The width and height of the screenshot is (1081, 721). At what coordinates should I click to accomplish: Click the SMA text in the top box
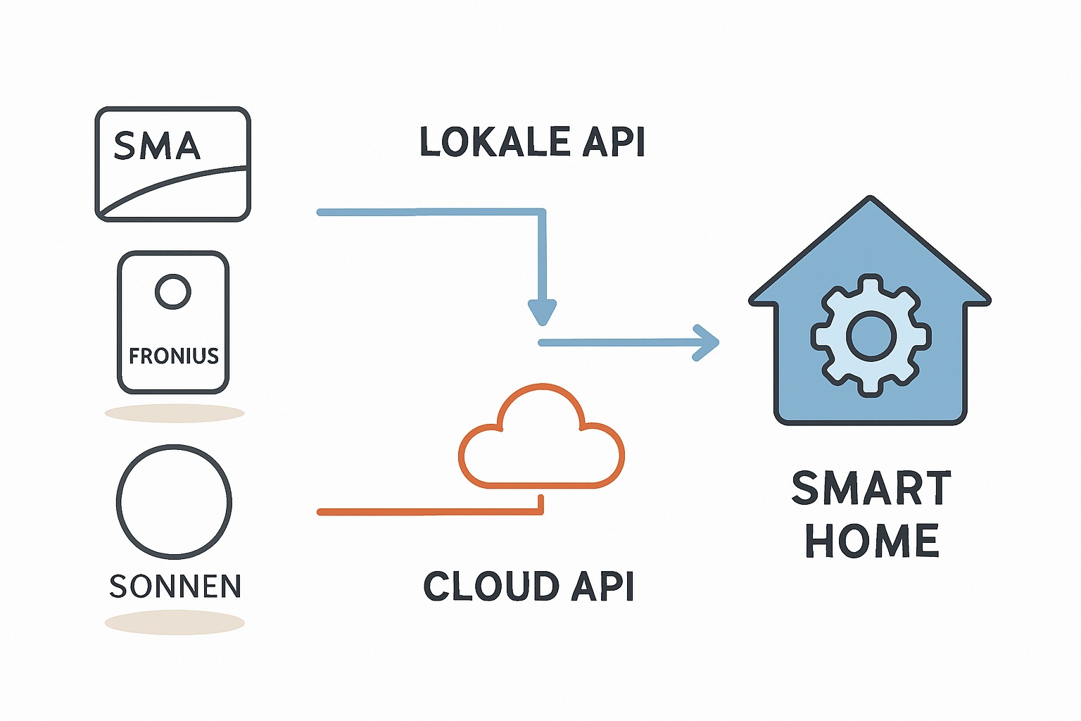[x=157, y=146]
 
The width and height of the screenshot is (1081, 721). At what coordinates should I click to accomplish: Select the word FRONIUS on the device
[x=173, y=356]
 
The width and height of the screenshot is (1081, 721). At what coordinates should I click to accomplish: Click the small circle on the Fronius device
[x=173, y=291]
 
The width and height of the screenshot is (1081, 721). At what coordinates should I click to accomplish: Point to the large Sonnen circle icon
[x=174, y=502]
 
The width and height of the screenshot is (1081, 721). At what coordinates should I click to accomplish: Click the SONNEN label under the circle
[x=175, y=587]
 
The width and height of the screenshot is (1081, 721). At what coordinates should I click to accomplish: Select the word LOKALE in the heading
[x=494, y=142]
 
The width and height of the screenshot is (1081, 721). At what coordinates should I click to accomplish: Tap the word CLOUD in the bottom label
[x=491, y=587]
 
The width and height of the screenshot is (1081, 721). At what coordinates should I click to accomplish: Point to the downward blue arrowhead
[x=542, y=311]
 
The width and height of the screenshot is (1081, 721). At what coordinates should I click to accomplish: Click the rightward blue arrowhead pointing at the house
[x=706, y=343]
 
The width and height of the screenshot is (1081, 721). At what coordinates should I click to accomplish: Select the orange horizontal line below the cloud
[x=429, y=512]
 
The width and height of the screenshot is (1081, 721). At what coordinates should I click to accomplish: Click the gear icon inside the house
[x=871, y=335]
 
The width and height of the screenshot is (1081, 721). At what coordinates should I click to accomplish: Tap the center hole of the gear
[x=871, y=335]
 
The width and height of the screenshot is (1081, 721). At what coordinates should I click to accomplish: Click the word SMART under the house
[x=871, y=489]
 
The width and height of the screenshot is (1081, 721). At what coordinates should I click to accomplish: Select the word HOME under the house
[x=871, y=541]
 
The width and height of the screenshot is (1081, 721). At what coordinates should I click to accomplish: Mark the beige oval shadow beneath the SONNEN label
[x=175, y=623]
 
